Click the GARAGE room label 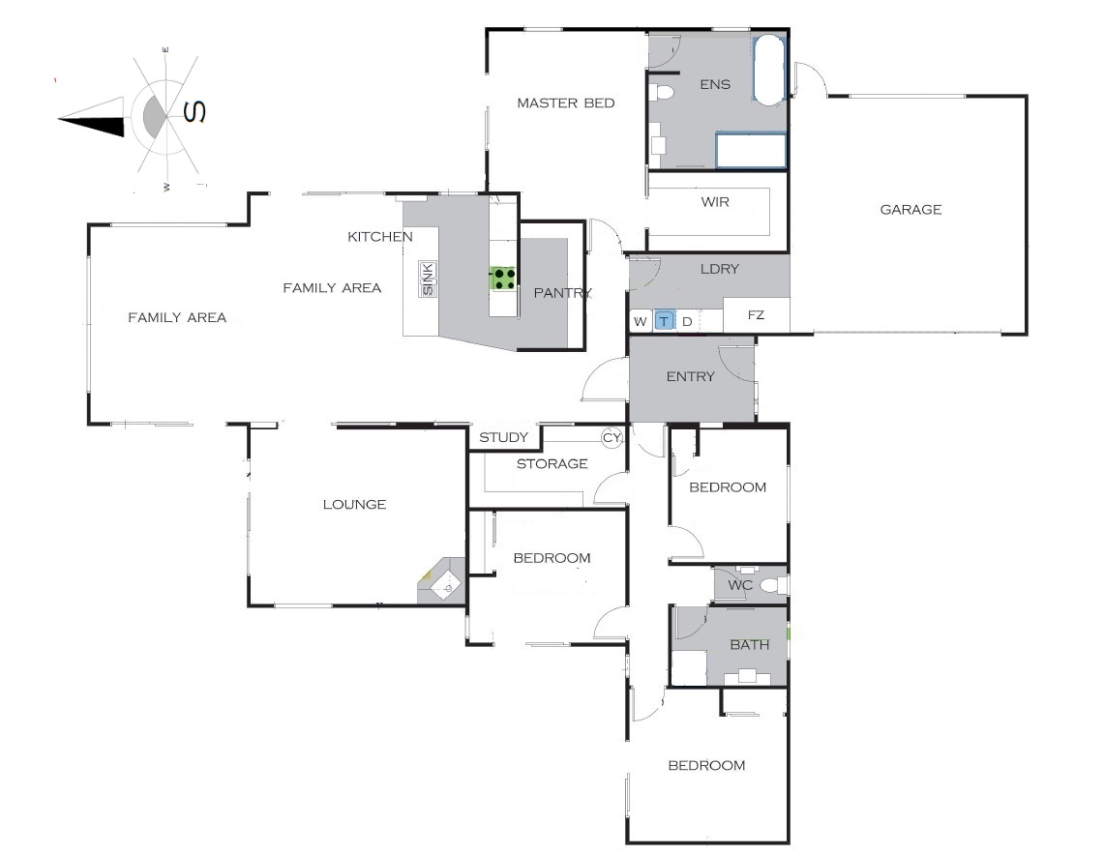tap(910, 209)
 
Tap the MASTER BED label tap(565, 103)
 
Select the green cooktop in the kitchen tap(503, 279)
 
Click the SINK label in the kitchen tap(428, 279)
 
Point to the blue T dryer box tap(664, 321)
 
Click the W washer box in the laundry tap(640, 321)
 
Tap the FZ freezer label tap(756, 314)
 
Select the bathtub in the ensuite tap(769, 71)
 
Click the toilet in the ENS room tap(661, 92)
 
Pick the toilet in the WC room tap(774, 584)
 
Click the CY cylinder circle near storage tap(612, 437)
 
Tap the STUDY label tap(503, 437)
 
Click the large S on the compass tap(194, 111)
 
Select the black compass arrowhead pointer tap(91, 118)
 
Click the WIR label tap(715, 202)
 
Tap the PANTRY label tap(562, 293)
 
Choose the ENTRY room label tap(690, 376)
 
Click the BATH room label tap(749, 644)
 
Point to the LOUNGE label tap(354, 504)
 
